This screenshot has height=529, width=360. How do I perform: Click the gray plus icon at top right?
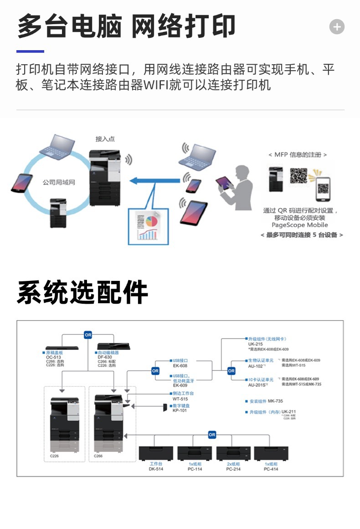337,27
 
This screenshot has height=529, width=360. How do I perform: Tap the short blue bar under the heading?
30,52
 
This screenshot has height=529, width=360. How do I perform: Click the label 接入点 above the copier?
105,139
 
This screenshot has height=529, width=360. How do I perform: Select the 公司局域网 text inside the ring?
59,182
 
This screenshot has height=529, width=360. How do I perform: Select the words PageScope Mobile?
299,225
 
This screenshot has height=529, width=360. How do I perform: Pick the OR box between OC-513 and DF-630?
88,335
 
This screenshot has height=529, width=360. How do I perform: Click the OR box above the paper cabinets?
212,435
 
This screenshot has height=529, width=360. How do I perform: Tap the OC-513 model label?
53,357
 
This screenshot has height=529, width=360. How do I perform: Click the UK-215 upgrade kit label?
255,344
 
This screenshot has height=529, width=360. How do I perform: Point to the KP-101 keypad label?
180,410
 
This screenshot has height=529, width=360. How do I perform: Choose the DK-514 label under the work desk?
156,469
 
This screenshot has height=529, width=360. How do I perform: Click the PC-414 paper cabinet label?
271,469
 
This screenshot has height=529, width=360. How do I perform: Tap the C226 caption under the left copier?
54,456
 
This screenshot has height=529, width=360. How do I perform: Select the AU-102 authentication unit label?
256,366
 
